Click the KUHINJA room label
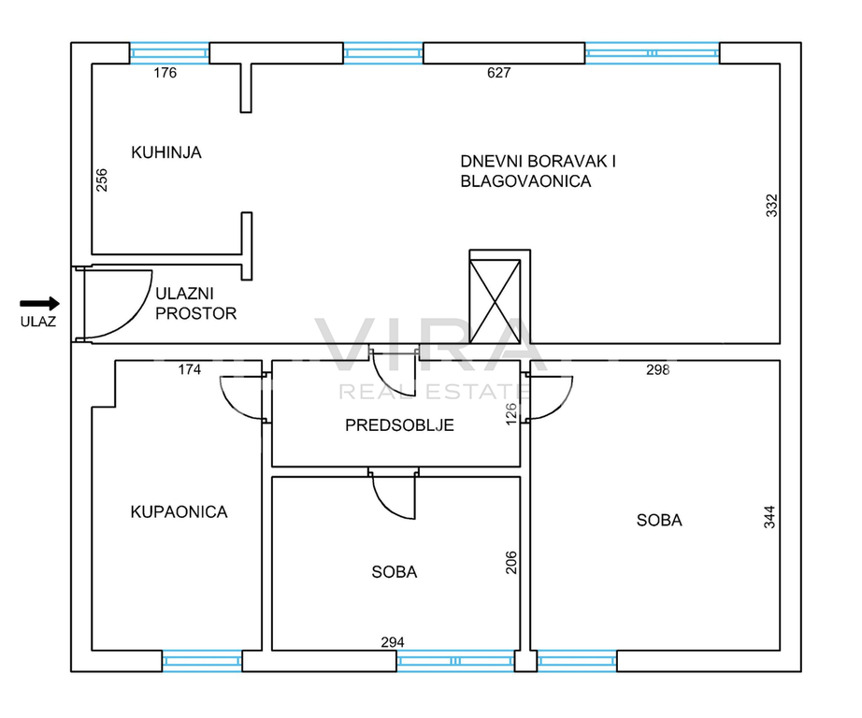[166, 152]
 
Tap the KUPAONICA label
[179, 511]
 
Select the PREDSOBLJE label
[399, 425]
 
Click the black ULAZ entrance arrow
[39, 304]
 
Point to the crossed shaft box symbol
[495, 301]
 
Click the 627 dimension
[498, 73]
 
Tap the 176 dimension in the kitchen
[165, 73]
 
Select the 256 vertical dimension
[102, 179]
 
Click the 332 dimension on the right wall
[772, 205]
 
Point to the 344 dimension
[769, 517]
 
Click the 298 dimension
[657, 370]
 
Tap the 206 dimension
[511, 563]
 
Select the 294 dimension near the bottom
[393, 642]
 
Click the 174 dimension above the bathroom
[190, 369]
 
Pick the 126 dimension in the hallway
[511, 414]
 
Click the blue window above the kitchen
[169, 53]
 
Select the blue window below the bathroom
[202, 660]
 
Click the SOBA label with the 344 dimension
[659, 520]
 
